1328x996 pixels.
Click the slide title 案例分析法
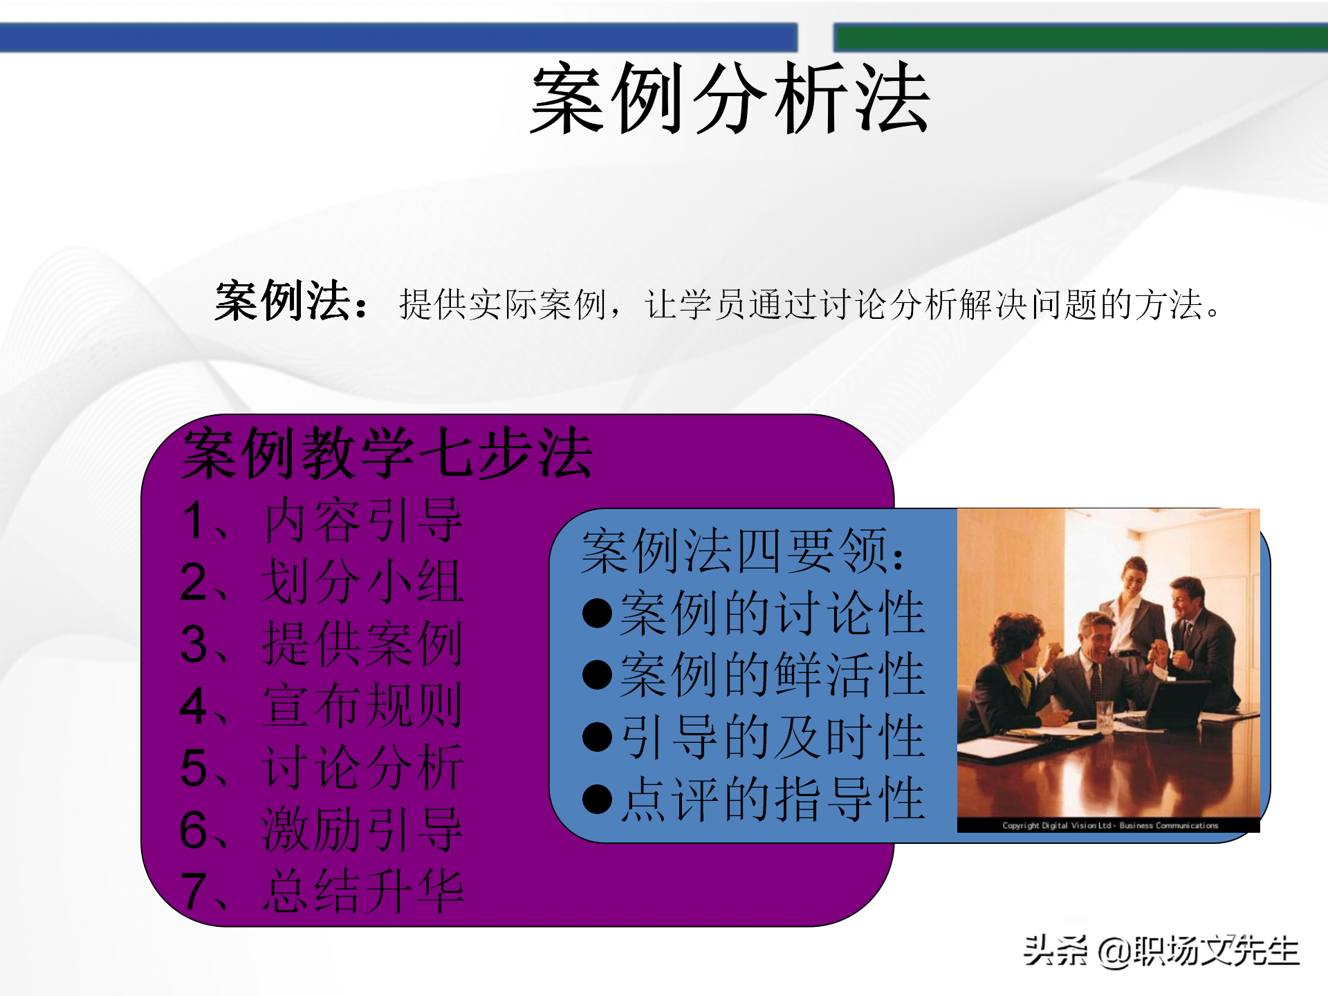tap(730, 98)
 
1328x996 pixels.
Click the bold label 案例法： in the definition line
tap(291, 302)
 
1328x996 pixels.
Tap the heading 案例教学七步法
tap(387, 454)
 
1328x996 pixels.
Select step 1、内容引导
tap(322, 520)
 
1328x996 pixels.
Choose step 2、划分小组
tap(322, 582)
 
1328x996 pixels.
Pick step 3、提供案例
tap(322, 644)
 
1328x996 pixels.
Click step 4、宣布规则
tap(322, 705)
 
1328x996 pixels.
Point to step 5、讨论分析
tap(322, 767)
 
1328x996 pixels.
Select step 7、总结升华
tap(322, 891)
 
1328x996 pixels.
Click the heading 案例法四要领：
tap(744, 551)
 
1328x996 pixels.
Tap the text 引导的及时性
tap(773, 737)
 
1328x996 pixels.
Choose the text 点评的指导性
tap(773, 799)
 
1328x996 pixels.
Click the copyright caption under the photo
tap(1109, 825)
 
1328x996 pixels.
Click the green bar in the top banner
tap(1080, 37)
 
